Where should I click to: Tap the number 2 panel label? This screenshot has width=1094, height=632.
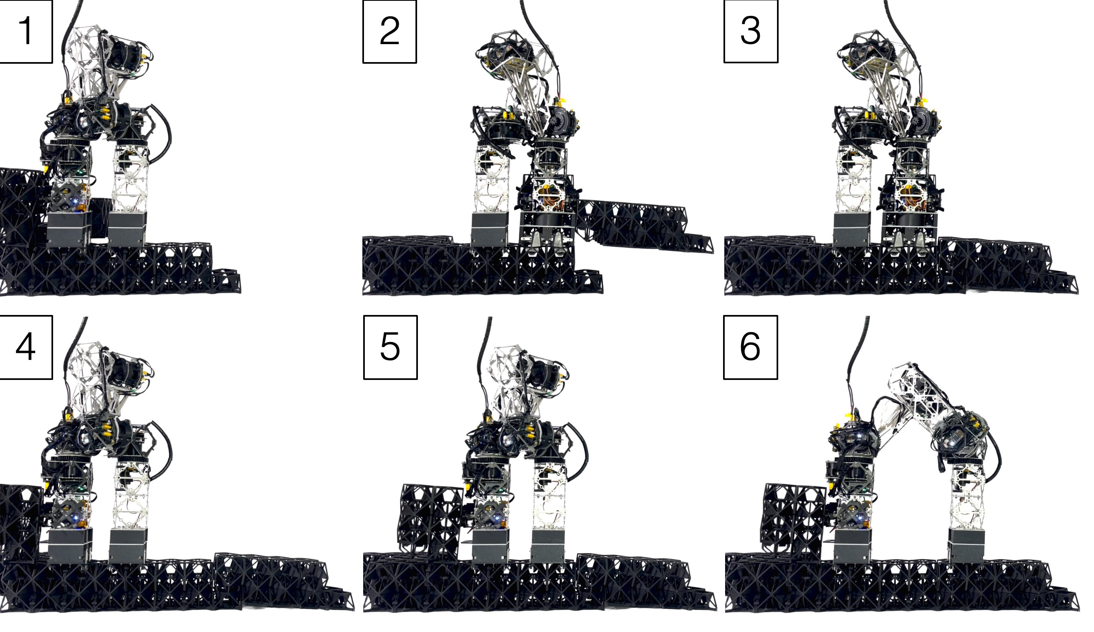pyautogui.click(x=389, y=31)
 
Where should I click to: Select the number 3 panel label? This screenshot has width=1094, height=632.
pyautogui.click(x=750, y=31)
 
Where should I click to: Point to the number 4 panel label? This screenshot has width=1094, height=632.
pyautogui.click(x=26, y=347)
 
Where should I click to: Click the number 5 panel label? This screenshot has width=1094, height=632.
pyautogui.click(x=390, y=347)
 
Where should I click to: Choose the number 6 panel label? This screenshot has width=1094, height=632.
pyautogui.click(x=750, y=347)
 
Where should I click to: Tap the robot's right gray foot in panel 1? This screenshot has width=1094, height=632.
pyautogui.click(x=127, y=229)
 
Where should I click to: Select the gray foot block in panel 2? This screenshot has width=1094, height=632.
pyautogui.click(x=489, y=229)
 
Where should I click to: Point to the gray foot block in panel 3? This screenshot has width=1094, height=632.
pyautogui.click(x=851, y=229)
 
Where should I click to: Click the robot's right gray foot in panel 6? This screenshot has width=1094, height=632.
pyautogui.click(x=966, y=545)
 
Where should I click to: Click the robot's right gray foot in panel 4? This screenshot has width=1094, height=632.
pyautogui.click(x=127, y=545)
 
